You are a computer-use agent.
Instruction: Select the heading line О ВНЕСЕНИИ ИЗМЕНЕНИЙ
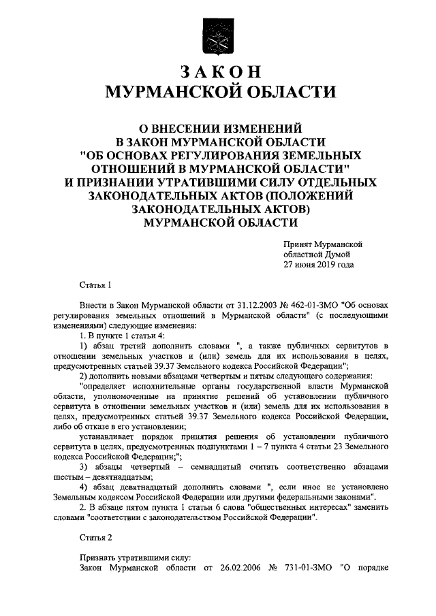point(217,127)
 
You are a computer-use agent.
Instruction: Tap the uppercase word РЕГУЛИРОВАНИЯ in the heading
point(219,155)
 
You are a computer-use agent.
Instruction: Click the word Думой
point(332,254)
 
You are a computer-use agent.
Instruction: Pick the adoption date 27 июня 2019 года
point(319,265)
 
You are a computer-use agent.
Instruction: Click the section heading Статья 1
point(94,285)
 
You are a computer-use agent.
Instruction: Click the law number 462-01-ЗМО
point(298,307)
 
